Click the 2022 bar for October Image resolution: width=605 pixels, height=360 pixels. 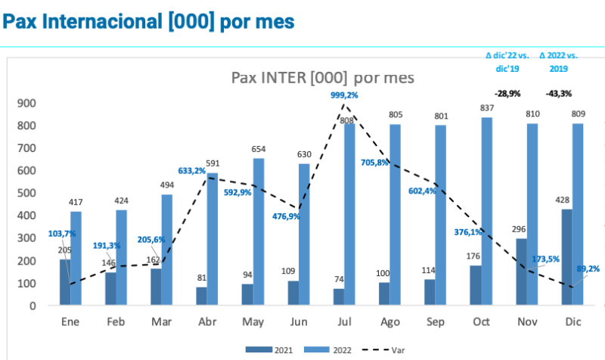click(487, 212)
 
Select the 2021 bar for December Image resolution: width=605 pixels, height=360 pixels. click(566, 257)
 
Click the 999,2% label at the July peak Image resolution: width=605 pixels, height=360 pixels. click(344, 95)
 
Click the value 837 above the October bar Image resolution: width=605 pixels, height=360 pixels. click(487, 107)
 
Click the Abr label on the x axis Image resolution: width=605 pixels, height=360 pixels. click(206, 322)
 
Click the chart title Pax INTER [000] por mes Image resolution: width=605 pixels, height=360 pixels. click(321, 78)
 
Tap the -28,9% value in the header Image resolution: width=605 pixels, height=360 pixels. click(507, 94)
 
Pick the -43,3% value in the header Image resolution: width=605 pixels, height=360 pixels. click(558, 94)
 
